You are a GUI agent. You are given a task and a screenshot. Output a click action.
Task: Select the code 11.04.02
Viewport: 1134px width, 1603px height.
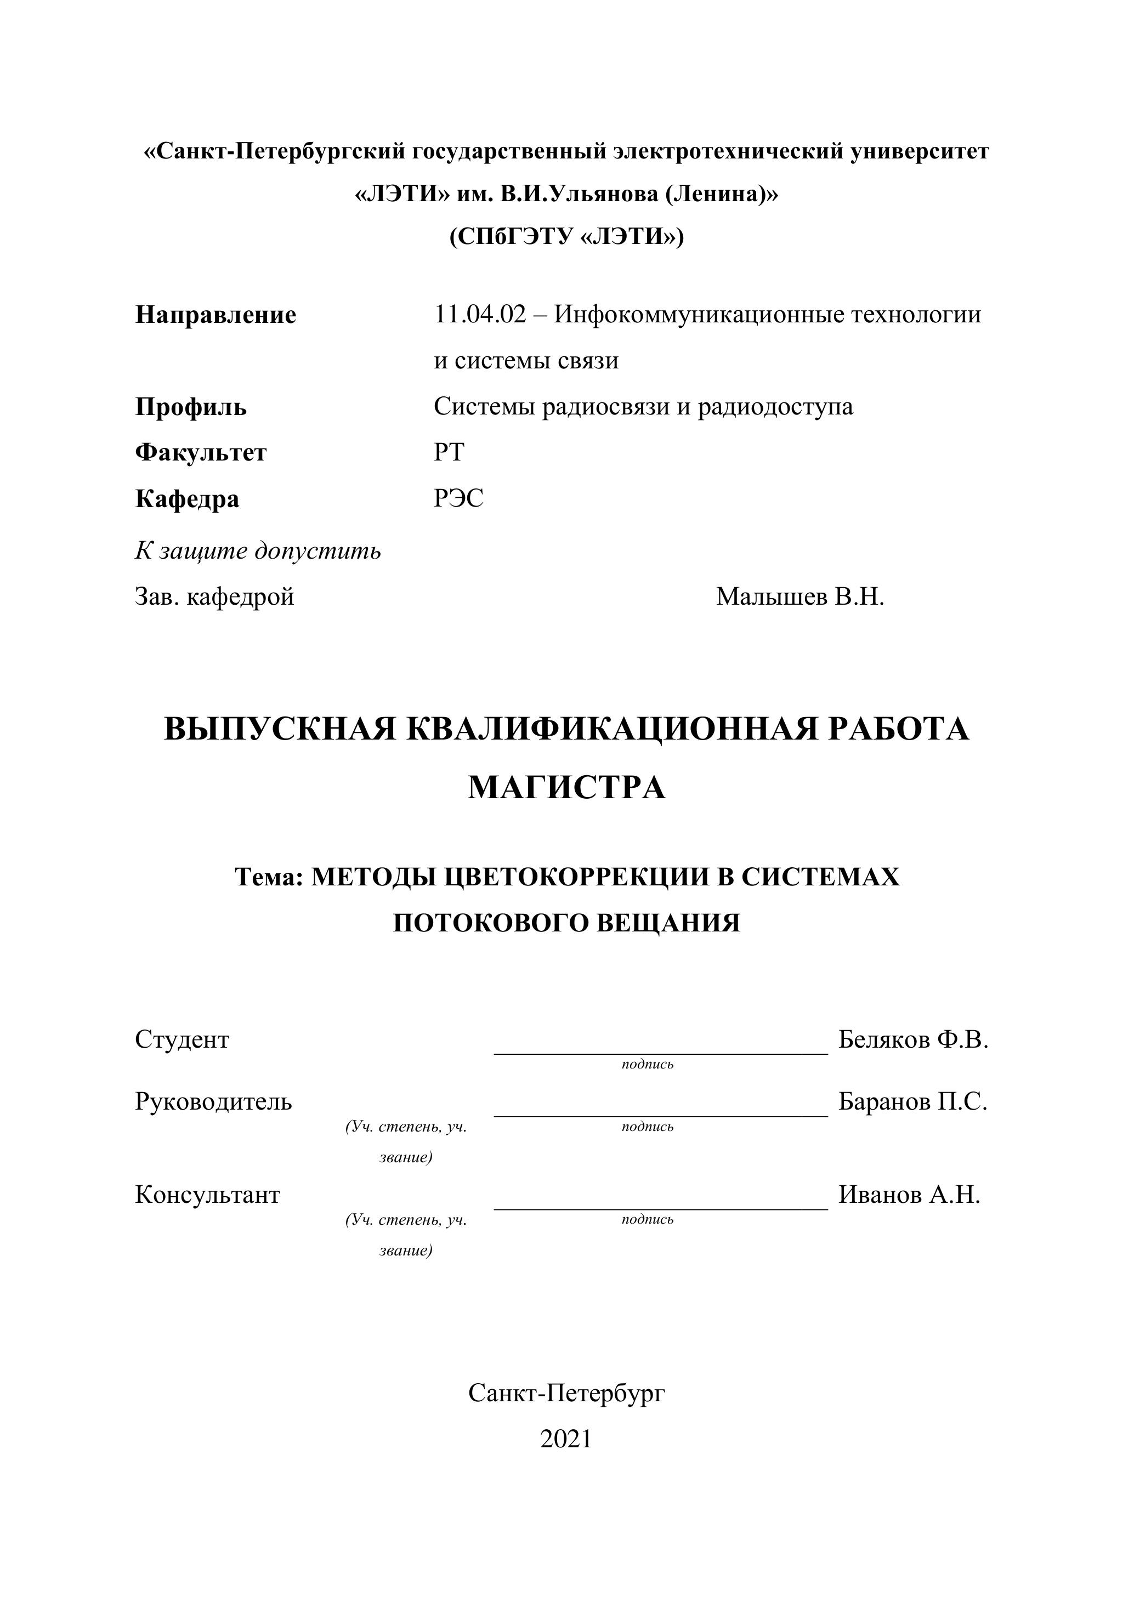tap(480, 315)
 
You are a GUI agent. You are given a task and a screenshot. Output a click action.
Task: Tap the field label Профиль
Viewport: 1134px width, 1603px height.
tap(191, 407)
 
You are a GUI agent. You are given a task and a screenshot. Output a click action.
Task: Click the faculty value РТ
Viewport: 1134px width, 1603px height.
tap(449, 453)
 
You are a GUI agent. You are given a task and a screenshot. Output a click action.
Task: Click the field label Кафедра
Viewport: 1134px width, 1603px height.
tap(187, 499)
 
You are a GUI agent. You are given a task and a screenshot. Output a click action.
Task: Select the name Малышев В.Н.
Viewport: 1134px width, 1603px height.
tap(800, 597)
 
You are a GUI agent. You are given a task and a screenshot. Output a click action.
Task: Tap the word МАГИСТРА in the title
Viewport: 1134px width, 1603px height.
tap(566, 788)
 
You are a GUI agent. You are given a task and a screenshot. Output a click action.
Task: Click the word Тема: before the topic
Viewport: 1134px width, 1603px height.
tap(269, 877)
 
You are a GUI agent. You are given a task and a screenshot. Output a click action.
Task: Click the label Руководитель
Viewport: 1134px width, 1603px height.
tap(214, 1102)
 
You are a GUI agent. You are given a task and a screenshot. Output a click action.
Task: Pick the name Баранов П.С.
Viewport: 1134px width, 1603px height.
tap(912, 1102)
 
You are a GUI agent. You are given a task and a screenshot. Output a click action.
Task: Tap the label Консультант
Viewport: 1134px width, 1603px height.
tap(207, 1195)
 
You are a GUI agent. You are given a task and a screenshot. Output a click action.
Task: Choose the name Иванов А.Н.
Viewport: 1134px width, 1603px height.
tap(909, 1195)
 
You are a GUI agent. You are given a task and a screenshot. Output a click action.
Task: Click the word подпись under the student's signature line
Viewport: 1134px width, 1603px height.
tap(647, 1065)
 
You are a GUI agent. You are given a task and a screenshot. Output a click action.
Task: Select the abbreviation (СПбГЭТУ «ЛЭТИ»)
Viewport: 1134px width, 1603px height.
tap(566, 237)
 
